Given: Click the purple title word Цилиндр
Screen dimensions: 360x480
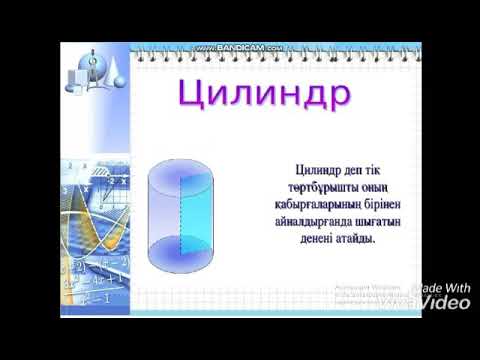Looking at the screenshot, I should [x=265, y=96].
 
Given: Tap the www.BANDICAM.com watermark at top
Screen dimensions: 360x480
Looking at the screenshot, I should [x=239, y=48].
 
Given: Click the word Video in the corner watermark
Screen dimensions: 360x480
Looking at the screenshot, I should [x=443, y=300].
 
